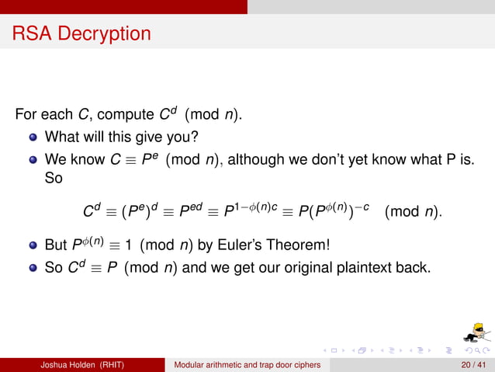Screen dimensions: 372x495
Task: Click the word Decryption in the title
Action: point(106,34)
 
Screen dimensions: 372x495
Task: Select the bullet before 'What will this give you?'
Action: point(33,138)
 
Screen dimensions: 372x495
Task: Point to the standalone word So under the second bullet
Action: point(54,179)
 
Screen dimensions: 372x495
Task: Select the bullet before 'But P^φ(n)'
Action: point(33,246)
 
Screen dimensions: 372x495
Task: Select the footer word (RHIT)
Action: point(118,364)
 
